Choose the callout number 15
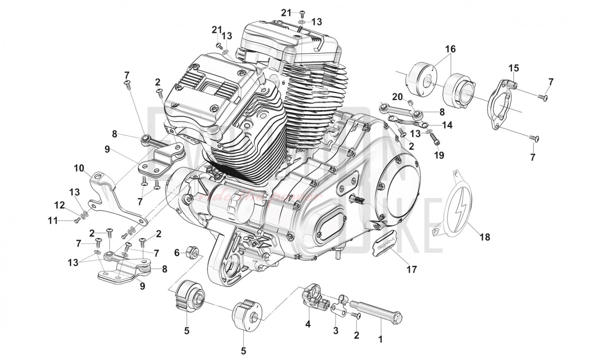coord(513,68)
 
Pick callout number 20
coord(397,96)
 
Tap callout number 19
coord(439,155)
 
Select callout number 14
coord(447,125)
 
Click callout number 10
coord(79,168)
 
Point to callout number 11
coord(53,220)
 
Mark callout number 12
coord(60,205)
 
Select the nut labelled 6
coord(192,251)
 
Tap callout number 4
coord(308,324)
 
